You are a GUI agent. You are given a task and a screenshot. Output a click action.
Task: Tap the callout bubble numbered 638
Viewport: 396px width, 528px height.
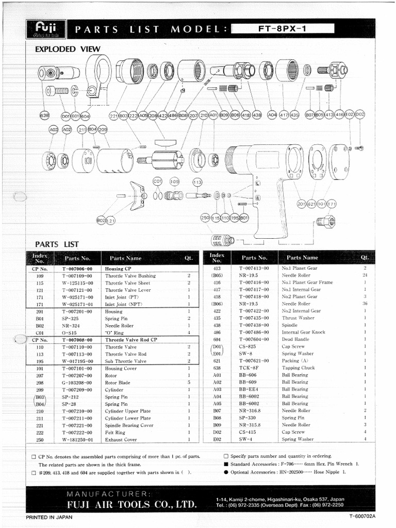tap(44, 115)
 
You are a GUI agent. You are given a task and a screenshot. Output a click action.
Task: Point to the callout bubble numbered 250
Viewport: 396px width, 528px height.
tap(205, 218)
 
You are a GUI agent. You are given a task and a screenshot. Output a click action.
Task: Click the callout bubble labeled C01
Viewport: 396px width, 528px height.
tap(158, 181)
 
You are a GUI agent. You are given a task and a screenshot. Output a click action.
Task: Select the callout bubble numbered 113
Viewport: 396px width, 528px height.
tap(197, 182)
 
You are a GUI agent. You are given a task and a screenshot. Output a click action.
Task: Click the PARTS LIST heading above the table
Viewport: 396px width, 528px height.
tap(56, 244)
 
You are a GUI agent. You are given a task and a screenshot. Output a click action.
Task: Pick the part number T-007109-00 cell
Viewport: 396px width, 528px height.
tap(77, 276)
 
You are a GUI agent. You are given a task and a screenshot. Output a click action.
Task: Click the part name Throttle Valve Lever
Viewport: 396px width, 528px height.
tap(128, 290)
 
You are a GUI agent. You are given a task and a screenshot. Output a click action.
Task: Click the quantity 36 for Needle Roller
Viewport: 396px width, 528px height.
tap(364, 304)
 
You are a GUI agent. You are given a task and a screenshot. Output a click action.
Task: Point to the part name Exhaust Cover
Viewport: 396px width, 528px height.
tap(121, 439)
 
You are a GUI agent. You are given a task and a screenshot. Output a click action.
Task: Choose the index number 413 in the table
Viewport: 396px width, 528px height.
tap(217, 268)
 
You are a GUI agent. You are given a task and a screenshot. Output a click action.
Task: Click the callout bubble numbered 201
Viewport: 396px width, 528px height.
tap(302, 204)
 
